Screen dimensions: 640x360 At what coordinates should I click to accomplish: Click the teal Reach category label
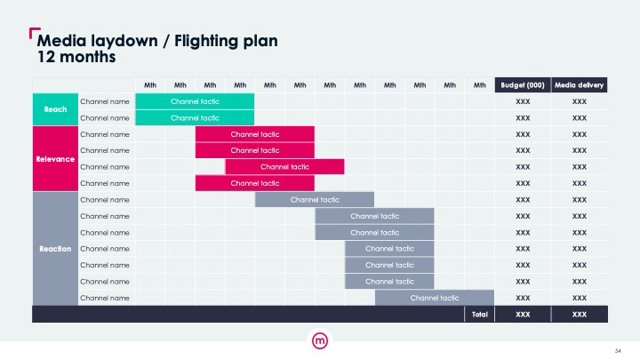pyautogui.click(x=55, y=109)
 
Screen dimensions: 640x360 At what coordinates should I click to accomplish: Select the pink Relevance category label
pyautogui.click(x=55, y=159)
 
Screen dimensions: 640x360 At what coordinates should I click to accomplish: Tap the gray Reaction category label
pyautogui.click(x=55, y=249)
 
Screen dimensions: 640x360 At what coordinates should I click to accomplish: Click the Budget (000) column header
pyautogui.click(x=523, y=85)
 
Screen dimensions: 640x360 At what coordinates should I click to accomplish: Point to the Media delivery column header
pyautogui.click(x=579, y=85)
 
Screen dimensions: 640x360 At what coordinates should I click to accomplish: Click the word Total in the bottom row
pyautogui.click(x=480, y=315)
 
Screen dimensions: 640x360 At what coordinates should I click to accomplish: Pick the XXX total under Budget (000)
pyautogui.click(x=523, y=315)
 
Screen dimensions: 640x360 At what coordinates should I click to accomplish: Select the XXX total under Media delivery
pyautogui.click(x=580, y=315)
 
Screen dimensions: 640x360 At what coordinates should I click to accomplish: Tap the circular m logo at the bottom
pyautogui.click(x=320, y=340)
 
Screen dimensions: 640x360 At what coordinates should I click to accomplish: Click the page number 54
pyautogui.click(x=618, y=351)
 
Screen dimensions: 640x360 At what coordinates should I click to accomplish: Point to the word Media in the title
pyautogui.click(x=61, y=41)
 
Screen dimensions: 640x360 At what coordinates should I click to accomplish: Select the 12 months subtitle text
pyautogui.click(x=76, y=57)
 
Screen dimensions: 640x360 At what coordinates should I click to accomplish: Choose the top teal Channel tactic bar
pyautogui.click(x=195, y=101)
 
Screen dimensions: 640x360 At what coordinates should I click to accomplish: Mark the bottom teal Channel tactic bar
pyautogui.click(x=195, y=118)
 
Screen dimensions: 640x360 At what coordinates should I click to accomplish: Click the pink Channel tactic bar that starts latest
pyautogui.click(x=284, y=166)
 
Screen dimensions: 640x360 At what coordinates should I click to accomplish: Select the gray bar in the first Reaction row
pyautogui.click(x=315, y=200)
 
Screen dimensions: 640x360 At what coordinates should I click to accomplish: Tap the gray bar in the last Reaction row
pyautogui.click(x=435, y=298)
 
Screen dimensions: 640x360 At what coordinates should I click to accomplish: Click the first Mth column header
pyautogui.click(x=150, y=85)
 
